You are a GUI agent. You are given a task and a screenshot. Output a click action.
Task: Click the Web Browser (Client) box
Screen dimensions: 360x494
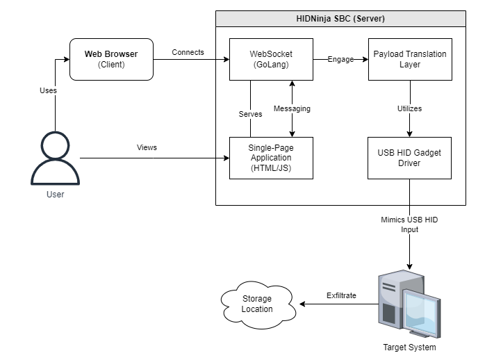coord(111,59)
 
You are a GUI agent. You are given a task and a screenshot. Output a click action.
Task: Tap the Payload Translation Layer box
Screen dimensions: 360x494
coord(410,59)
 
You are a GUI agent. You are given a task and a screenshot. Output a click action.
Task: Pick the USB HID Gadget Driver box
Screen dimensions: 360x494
coord(410,158)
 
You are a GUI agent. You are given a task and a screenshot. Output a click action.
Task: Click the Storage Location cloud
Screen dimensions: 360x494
coord(257,304)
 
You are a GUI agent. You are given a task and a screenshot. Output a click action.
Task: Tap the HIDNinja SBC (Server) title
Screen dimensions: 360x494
coord(340,18)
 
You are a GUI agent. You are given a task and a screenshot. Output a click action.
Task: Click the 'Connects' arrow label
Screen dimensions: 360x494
coord(188,52)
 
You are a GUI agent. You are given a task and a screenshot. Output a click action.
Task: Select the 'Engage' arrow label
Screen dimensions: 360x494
coord(340,59)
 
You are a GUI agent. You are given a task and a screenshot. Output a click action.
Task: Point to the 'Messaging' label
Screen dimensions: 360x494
coord(292,108)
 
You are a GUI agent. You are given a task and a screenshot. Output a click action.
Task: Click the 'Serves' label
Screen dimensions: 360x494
coord(250,114)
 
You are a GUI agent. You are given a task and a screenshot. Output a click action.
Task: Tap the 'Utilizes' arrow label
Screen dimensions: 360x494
coord(410,108)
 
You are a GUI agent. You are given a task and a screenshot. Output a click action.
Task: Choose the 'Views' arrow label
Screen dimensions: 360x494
coord(147,147)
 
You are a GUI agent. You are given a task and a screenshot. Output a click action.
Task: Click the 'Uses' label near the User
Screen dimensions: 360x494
coord(48,90)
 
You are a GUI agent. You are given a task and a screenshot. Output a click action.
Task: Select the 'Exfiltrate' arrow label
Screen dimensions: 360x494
coord(341,295)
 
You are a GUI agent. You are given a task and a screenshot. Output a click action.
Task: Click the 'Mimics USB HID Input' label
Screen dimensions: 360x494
coord(409,224)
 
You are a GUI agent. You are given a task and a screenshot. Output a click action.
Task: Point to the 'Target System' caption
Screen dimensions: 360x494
coord(410,347)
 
